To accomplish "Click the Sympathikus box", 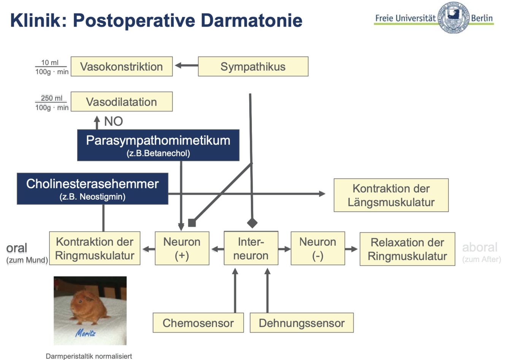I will (x=253, y=66).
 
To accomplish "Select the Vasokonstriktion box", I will (x=122, y=66).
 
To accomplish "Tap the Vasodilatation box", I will (x=122, y=102).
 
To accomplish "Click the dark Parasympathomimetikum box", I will (x=158, y=145).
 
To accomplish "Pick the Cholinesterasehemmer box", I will (x=92, y=189).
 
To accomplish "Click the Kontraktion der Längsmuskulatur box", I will (x=391, y=195).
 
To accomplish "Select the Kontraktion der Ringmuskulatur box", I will (x=95, y=248).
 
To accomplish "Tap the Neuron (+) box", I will (x=182, y=248).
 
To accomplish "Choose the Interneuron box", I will (x=251, y=248).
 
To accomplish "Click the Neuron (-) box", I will (x=318, y=248).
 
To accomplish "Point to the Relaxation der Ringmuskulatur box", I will (x=407, y=249).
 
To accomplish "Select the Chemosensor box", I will (x=198, y=323).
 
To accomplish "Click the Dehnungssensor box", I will (x=302, y=323).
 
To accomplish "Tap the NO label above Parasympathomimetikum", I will (x=113, y=121).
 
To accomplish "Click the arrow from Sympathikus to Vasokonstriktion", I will (x=186, y=66).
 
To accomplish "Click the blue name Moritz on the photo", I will (x=86, y=333).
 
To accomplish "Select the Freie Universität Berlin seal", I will (x=453, y=18).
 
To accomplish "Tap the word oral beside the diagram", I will (x=16, y=248).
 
